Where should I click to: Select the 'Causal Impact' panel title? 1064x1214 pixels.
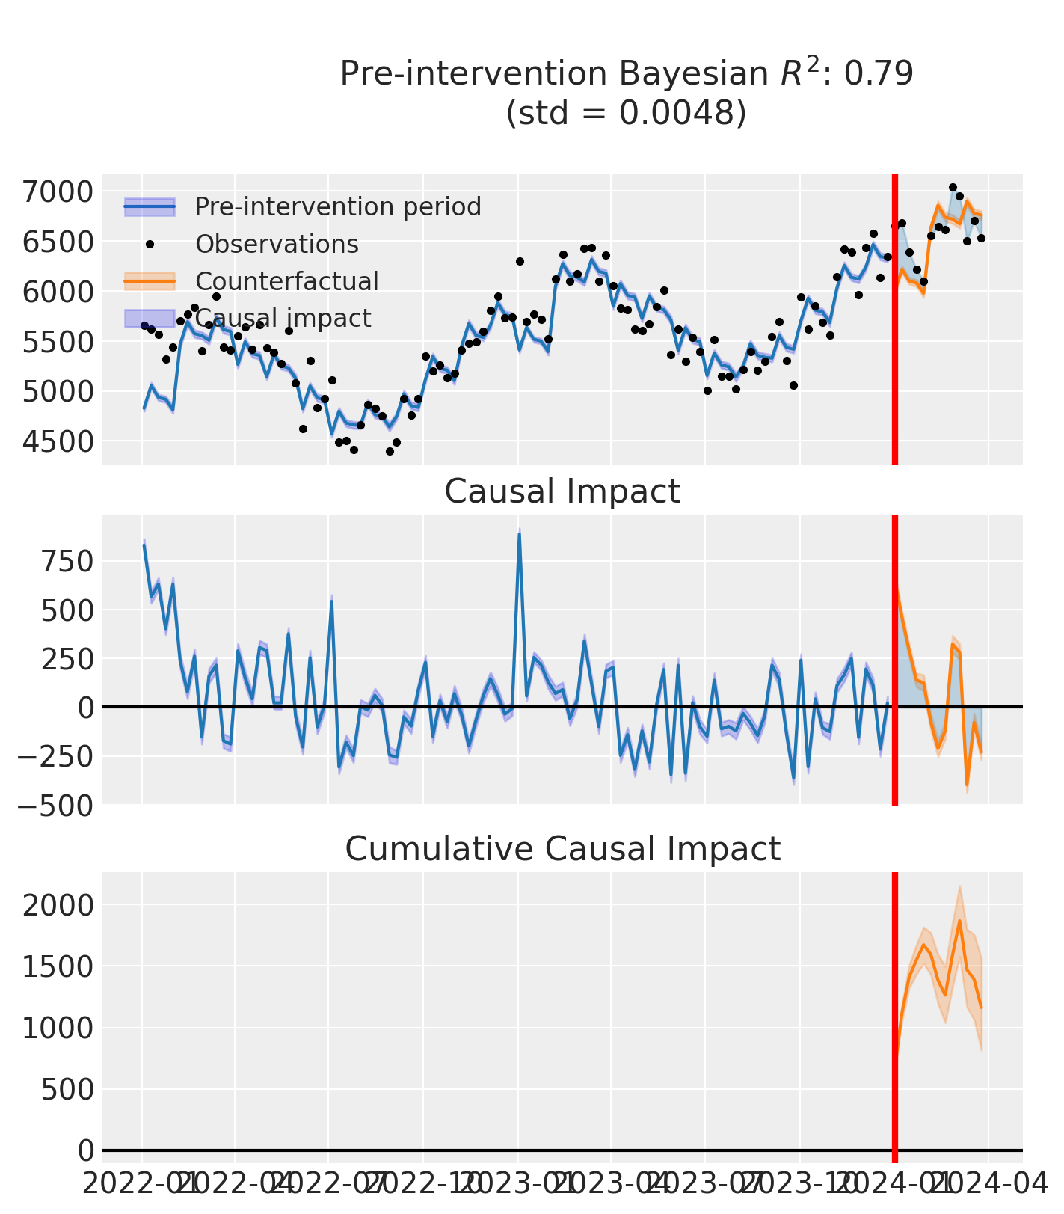pos(562,491)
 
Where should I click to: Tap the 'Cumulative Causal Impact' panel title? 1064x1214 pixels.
pos(562,849)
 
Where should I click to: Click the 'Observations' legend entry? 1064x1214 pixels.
pos(277,244)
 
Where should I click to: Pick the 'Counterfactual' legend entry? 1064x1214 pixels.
pos(286,281)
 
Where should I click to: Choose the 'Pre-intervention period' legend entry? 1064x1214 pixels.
pos(337,206)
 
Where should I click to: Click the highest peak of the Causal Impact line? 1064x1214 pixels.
pos(519,534)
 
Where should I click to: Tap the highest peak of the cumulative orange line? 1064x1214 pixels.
pos(959,921)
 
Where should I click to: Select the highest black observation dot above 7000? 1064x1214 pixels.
pos(953,188)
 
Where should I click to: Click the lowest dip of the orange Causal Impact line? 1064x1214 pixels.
pos(967,785)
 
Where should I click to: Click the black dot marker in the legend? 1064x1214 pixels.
pos(150,244)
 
